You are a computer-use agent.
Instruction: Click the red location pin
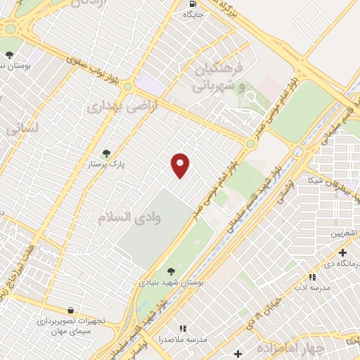tap(181, 165)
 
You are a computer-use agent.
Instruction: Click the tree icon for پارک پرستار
tap(107, 153)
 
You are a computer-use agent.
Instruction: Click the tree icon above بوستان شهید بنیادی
tap(171, 271)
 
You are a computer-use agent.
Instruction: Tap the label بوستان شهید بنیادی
tap(170, 282)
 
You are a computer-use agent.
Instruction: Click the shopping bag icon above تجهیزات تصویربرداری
tap(70, 310)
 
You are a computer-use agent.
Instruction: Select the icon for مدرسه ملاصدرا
tap(183, 328)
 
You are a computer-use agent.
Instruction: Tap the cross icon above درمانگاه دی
tap(342, 252)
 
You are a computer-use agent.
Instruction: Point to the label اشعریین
tap(344, 233)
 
